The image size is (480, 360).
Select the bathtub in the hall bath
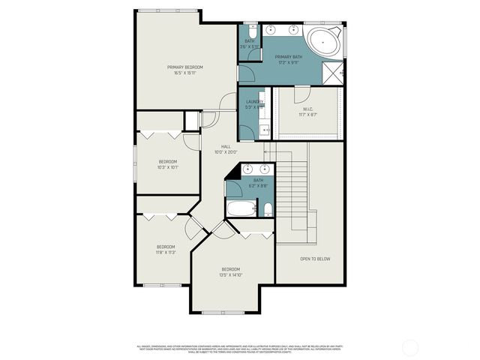(241, 208)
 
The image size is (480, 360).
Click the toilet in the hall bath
(267, 208)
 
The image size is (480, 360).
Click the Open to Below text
(315, 259)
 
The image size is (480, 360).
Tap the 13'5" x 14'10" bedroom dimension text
(230, 274)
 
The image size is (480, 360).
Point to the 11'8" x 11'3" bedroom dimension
(165, 253)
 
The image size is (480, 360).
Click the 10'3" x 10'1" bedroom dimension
(167, 167)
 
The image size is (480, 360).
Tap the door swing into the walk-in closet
(301, 95)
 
